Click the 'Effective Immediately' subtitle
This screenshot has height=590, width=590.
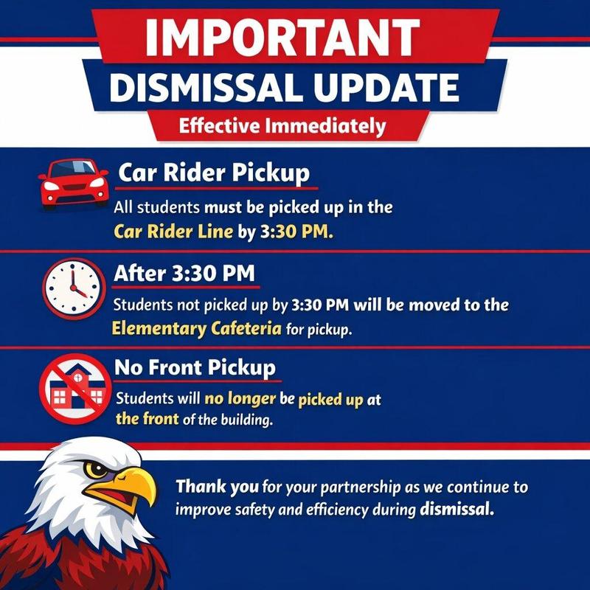coord(283,126)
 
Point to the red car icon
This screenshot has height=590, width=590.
coord(72,184)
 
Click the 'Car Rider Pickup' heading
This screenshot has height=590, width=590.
coord(213,174)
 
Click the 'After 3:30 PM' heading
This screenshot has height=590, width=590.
coord(184,274)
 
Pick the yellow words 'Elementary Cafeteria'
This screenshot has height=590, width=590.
coord(196,328)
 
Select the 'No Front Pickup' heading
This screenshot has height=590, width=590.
coord(195,367)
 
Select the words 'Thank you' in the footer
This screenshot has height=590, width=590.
coord(217,487)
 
